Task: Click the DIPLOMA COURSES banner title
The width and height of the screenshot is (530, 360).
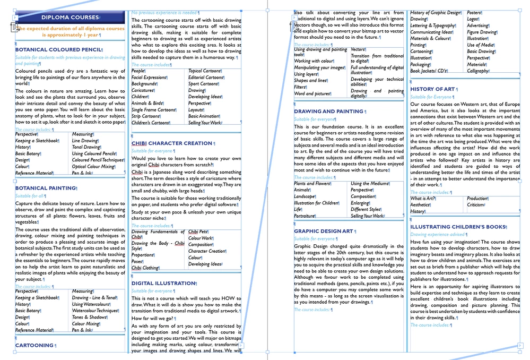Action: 70,18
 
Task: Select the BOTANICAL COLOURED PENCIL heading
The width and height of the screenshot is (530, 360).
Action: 58,50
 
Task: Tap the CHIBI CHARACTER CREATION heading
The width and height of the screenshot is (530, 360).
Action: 171,143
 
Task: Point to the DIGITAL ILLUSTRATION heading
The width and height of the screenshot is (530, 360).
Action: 163,284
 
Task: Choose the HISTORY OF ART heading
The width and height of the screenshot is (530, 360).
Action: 432,89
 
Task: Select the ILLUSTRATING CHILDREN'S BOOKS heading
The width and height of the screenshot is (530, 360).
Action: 458,227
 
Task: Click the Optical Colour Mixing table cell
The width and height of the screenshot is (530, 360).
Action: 93,166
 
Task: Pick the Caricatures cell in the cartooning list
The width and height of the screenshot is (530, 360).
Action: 143,90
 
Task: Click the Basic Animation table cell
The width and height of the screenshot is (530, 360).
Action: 204,116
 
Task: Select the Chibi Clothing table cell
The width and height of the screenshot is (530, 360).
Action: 145,268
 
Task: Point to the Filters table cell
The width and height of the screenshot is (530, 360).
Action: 300,87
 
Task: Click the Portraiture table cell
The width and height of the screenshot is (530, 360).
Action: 305,216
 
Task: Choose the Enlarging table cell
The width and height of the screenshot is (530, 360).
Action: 360,203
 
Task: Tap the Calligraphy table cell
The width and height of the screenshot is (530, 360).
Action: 477,71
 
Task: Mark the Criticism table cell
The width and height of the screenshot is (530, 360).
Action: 475,205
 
